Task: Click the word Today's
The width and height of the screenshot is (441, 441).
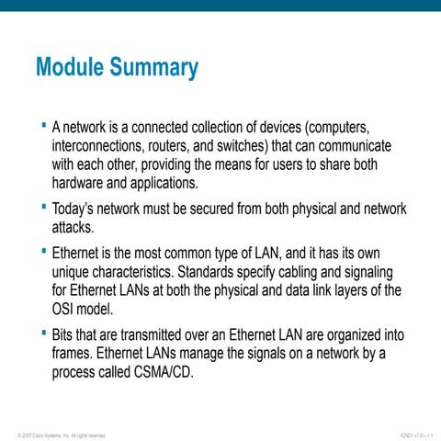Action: point(77,208)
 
